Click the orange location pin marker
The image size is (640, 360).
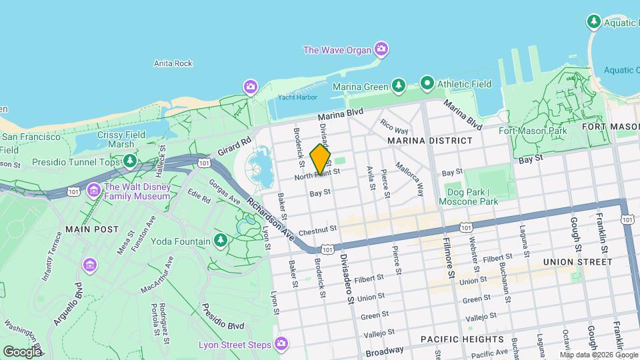click(x=320, y=159)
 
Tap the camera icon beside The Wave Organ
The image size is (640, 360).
click(x=381, y=48)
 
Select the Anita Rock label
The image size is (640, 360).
click(x=173, y=63)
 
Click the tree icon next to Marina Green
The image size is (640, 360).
click(x=399, y=85)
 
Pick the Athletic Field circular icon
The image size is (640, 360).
click(x=427, y=84)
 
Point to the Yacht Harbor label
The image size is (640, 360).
click(x=297, y=97)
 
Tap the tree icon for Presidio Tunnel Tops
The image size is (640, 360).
click(x=130, y=161)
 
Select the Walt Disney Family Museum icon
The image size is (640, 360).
click(x=93, y=191)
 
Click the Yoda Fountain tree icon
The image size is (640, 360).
click(x=221, y=240)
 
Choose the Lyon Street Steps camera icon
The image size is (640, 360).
click(x=281, y=344)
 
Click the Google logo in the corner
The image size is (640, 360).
click(x=22, y=351)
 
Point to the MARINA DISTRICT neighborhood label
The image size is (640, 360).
click(x=430, y=141)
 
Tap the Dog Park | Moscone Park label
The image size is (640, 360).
click(x=472, y=197)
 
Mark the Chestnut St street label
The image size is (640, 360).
click(x=319, y=231)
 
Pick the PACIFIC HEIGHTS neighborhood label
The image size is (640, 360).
click(x=462, y=339)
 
